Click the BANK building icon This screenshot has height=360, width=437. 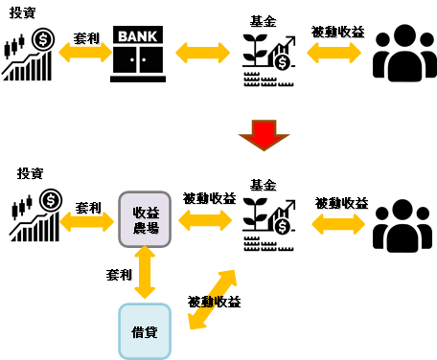[x=138, y=54]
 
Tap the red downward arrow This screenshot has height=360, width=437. [x=264, y=135]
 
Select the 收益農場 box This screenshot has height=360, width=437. [x=145, y=219]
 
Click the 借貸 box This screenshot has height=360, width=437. [x=145, y=331]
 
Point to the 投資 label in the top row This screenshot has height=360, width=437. [x=22, y=12]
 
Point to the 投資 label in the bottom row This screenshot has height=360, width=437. [x=30, y=173]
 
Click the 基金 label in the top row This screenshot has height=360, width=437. [x=263, y=21]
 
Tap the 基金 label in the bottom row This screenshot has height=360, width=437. [x=263, y=185]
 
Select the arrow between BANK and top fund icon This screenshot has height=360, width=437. [x=203, y=53]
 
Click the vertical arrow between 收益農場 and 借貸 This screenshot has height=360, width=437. [x=145, y=272]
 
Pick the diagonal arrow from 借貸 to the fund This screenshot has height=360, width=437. [x=213, y=300]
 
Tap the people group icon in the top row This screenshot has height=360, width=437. [x=404, y=53]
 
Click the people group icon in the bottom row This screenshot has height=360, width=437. [x=402, y=226]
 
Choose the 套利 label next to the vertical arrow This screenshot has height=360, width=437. [x=119, y=275]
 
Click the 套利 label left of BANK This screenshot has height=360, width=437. [x=86, y=38]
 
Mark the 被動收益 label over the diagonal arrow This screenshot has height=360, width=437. [x=214, y=302]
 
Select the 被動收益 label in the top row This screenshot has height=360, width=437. [x=337, y=32]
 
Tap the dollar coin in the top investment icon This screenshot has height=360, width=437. [x=43, y=39]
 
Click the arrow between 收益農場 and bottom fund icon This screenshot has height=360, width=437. [x=205, y=220]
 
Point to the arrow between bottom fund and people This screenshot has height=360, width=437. [x=338, y=224]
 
